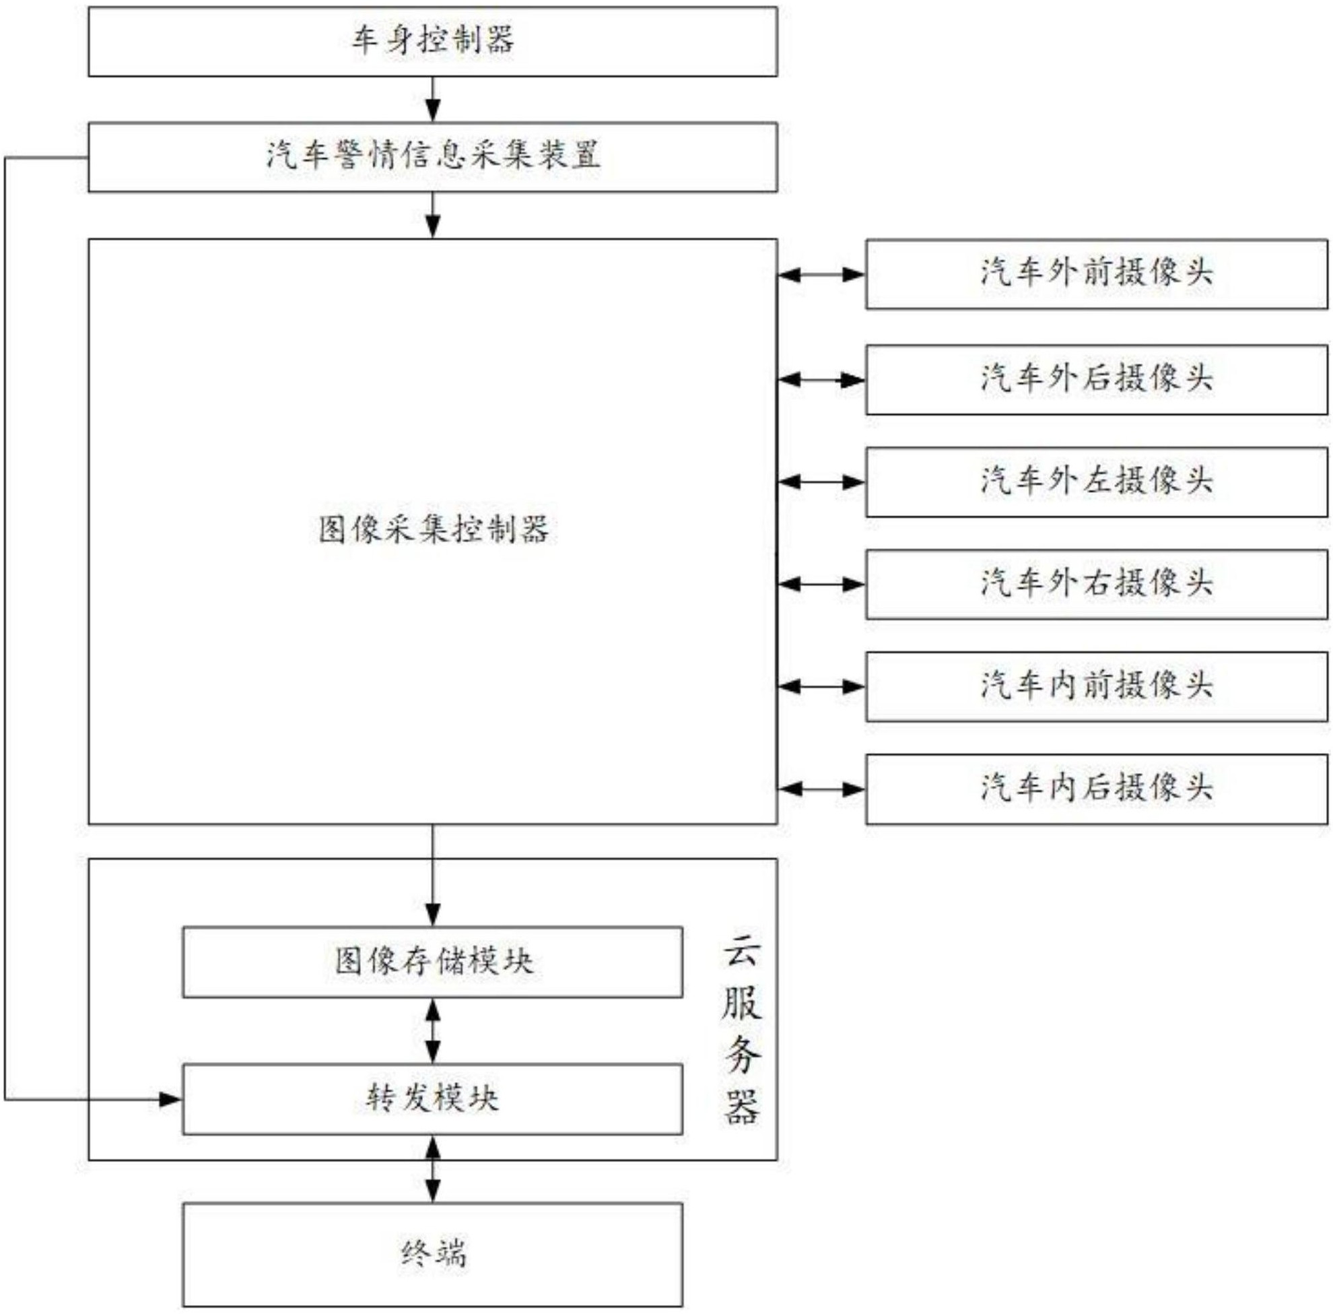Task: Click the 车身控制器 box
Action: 433,41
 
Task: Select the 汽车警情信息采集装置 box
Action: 433,157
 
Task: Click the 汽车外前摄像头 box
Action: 1096,274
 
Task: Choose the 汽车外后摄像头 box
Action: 1096,380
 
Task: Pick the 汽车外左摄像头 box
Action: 1096,482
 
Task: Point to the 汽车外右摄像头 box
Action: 1096,584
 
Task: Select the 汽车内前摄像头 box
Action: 1096,686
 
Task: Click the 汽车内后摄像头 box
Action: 1096,789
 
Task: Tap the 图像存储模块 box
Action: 433,962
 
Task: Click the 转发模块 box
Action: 433,1098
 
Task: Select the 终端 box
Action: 433,1254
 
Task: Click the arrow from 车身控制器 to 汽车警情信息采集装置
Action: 433,100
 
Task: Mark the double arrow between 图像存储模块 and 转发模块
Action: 433,1031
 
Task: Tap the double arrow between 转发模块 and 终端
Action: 433,1169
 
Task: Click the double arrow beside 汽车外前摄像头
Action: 821,275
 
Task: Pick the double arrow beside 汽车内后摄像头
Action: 821,788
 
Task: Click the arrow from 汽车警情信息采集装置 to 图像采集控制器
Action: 433,216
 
